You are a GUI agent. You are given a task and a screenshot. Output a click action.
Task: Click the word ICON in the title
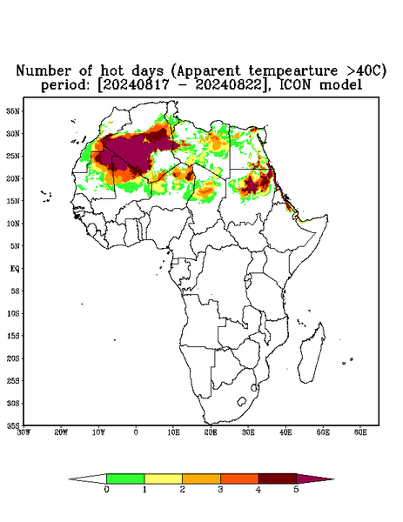[x=296, y=85]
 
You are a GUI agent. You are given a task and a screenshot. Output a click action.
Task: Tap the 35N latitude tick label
[x=13, y=110]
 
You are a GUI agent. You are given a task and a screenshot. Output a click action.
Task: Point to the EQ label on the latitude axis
[x=14, y=268]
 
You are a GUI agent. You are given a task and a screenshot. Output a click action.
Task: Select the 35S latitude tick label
[x=13, y=425]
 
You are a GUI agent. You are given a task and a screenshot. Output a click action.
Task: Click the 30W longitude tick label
[x=24, y=432]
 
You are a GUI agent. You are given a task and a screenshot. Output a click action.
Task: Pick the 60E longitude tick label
[x=360, y=432]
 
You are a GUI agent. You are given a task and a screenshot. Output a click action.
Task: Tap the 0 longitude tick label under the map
[x=136, y=432]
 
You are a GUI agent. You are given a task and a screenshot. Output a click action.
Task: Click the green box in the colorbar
[x=125, y=478]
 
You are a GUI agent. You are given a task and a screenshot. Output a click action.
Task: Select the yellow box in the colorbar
[x=163, y=478]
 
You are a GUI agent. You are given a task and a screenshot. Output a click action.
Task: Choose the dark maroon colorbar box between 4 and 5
[x=278, y=478]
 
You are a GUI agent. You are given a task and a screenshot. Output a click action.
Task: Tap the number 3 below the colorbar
[x=220, y=490]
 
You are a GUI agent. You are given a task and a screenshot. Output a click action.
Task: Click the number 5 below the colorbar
[x=296, y=490]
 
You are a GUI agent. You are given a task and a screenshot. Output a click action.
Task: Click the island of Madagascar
[x=312, y=353]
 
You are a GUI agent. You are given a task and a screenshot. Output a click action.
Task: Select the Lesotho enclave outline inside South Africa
[x=242, y=401]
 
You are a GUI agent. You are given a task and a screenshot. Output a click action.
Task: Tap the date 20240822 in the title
[x=229, y=85]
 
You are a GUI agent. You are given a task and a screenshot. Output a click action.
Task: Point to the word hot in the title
[x=113, y=71]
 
